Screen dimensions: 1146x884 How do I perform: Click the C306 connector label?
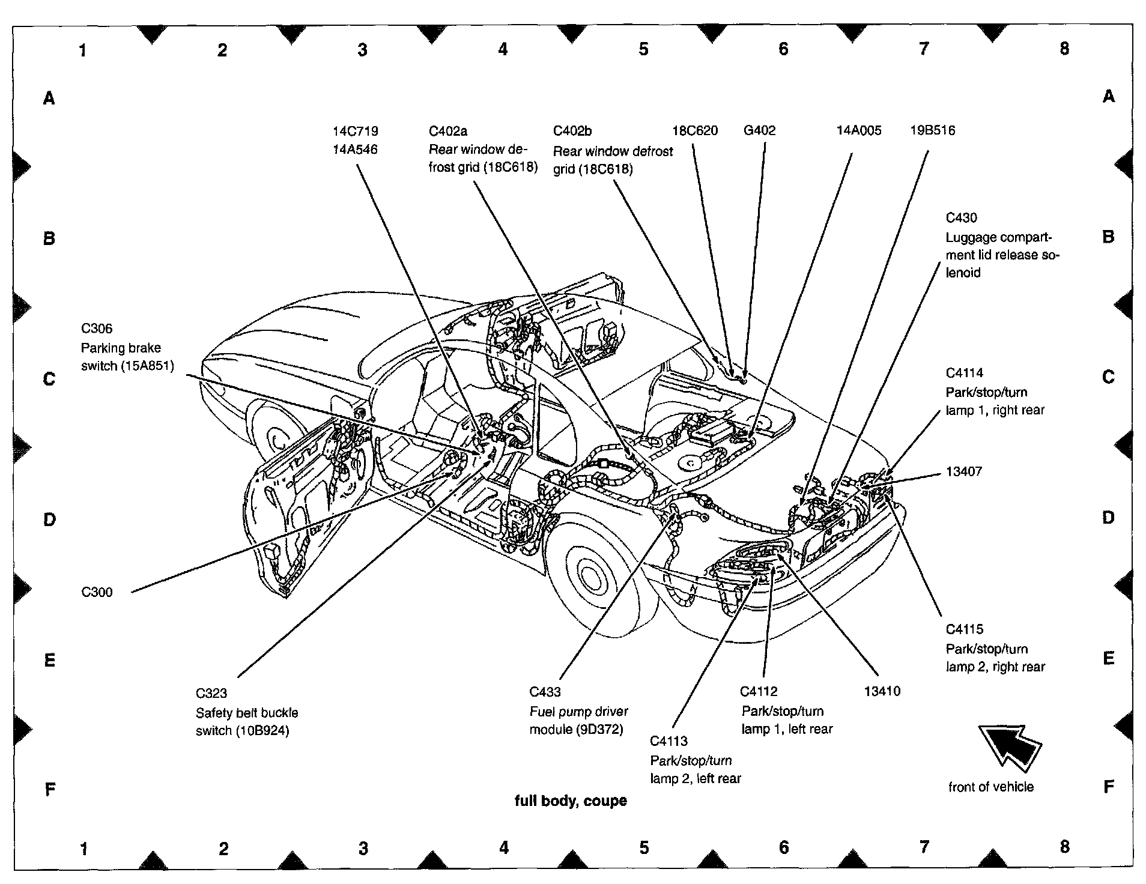(x=97, y=328)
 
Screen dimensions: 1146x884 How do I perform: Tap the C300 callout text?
(x=97, y=592)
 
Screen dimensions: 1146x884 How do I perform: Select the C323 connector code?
(x=211, y=693)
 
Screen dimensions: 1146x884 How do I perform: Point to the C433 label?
(x=545, y=692)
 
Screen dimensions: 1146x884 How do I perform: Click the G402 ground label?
(x=759, y=130)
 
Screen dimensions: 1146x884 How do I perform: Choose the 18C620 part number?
(x=695, y=130)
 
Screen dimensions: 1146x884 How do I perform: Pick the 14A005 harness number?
(x=859, y=130)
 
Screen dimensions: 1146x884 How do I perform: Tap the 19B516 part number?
(x=932, y=130)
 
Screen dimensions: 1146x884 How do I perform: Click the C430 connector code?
(x=962, y=218)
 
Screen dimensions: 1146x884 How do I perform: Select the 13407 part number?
(x=964, y=471)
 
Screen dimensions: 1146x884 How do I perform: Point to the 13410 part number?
(x=882, y=691)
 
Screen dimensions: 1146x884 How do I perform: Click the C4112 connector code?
(x=759, y=691)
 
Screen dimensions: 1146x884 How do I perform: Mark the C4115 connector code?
(x=965, y=629)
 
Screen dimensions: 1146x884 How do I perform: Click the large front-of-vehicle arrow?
(x=1009, y=745)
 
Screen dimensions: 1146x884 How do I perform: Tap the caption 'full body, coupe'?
(x=571, y=801)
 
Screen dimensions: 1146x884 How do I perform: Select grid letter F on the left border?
(x=50, y=789)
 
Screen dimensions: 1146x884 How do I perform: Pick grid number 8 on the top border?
(x=1064, y=49)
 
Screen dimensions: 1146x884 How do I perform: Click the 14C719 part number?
(x=356, y=131)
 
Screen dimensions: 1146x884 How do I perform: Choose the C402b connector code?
(x=572, y=131)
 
